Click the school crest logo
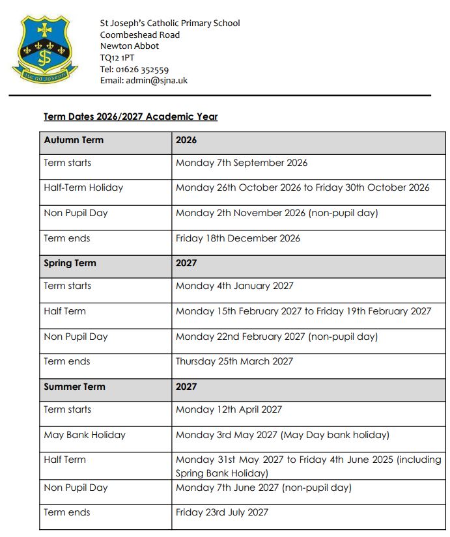coord(45,49)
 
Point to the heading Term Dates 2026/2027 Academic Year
coord(130,117)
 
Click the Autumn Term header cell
coord(74,140)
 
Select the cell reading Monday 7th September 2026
coord(241,163)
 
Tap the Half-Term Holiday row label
coord(83,187)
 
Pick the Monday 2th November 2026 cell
coord(276,213)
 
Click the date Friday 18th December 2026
coord(238,238)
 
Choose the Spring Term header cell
coord(70,263)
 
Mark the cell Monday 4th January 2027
coord(234,286)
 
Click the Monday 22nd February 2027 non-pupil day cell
coord(276,337)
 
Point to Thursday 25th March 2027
coord(234,361)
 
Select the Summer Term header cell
coord(74,387)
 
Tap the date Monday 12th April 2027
coord(229,409)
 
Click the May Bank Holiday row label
coord(85,435)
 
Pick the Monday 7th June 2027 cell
coord(263,488)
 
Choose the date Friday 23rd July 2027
coord(221,512)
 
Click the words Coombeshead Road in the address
coord(140,34)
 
